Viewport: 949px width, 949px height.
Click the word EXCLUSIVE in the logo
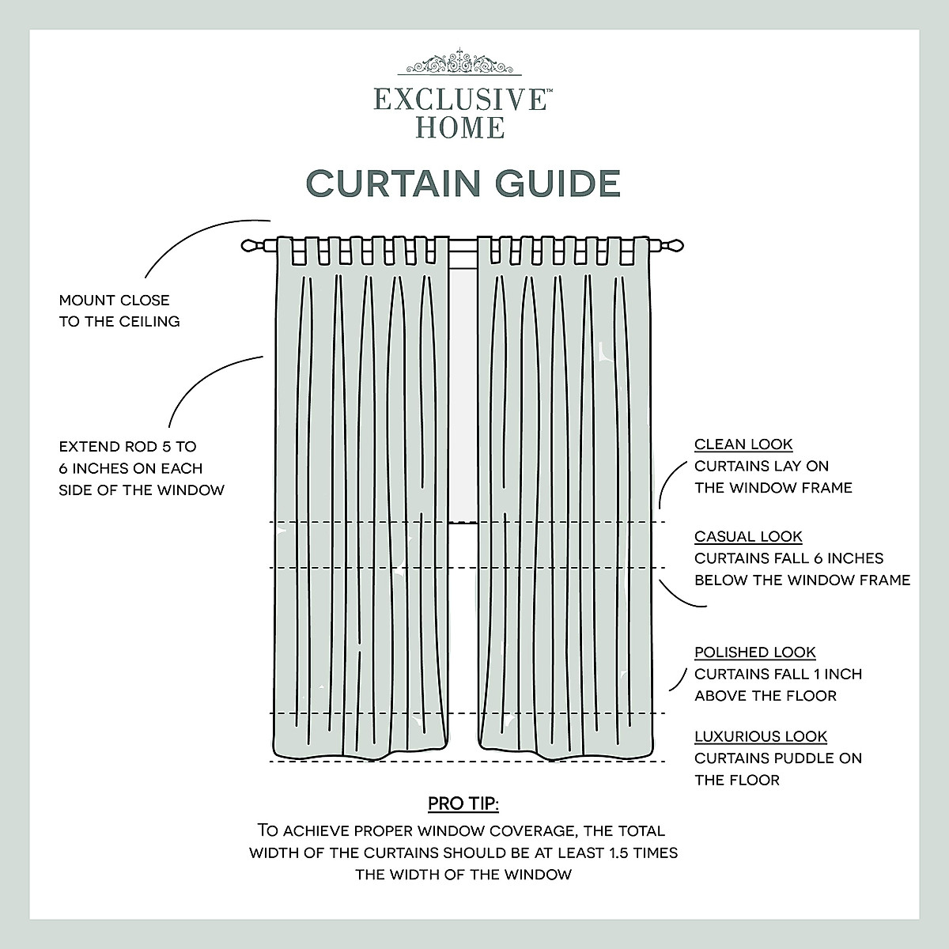coord(459,100)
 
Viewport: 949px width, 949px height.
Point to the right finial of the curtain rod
coord(672,246)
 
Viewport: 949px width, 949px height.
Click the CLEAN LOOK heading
coord(743,444)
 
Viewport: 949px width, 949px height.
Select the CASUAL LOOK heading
coord(748,536)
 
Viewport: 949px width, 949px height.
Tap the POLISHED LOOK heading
coord(754,652)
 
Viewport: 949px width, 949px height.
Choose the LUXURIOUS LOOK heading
coord(761,736)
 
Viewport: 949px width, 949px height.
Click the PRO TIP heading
coord(463,804)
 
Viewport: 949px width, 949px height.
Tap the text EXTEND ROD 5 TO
coord(127,447)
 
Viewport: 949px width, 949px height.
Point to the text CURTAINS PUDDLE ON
coord(778,758)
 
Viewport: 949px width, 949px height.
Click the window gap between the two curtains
coord(463,395)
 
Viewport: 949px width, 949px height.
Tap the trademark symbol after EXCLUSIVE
coord(548,92)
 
